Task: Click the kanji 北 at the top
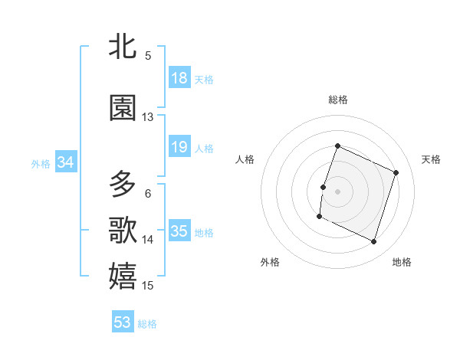coord(123,47)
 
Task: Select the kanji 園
coord(123,109)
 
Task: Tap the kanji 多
coord(123,185)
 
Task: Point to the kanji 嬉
coord(123,276)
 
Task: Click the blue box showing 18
coord(179,78)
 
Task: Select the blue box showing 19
coord(179,147)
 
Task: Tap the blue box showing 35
coord(179,231)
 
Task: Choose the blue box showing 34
coord(65,162)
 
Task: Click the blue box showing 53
coord(123,322)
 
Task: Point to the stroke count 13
coord(148,117)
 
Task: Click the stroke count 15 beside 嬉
coord(148,286)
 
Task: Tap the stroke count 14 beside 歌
coord(148,240)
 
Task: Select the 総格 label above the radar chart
coord(338,100)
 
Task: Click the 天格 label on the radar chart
coord(431,159)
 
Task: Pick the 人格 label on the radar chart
coord(245,159)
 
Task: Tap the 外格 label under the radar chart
coord(270,262)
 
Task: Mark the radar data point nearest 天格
coord(396,172)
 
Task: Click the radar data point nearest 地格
coord(373,242)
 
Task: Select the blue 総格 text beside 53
coord(147,324)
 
